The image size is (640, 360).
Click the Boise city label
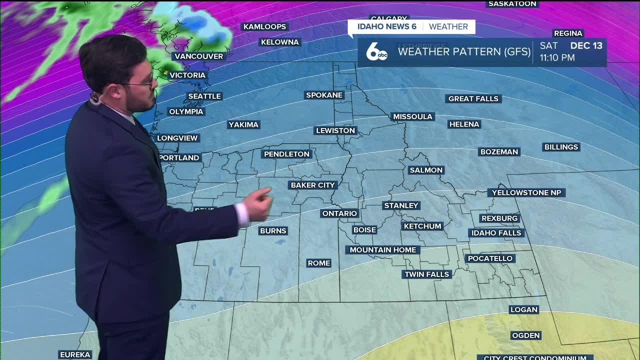click(364, 230)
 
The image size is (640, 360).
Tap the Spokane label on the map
click(324, 95)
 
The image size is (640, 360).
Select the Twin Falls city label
click(427, 274)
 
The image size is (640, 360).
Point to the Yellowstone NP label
click(526, 192)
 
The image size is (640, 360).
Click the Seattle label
click(204, 96)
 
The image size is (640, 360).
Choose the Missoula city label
click(412, 116)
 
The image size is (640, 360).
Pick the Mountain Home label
click(383, 250)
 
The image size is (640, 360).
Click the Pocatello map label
click(490, 258)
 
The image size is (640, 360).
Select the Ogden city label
click(526, 335)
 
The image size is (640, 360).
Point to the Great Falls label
click(473, 98)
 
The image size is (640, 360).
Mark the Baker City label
click(313, 185)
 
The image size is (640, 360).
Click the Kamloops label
click(264, 26)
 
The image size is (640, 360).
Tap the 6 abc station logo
click(376, 52)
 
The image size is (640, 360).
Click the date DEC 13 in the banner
click(586, 45)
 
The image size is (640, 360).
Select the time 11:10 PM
click(557, 58)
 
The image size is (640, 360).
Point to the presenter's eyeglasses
click(142, 83)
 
